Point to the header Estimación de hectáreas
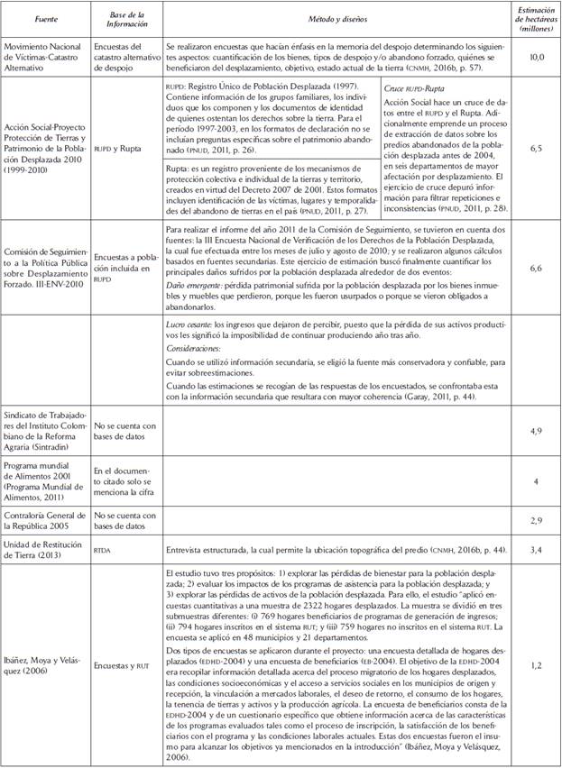tap(535, 18)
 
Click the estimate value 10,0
tap(535, 56)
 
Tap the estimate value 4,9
tap(535, 432)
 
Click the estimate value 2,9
tap(535, 521)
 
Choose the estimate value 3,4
tap(535, 548)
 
